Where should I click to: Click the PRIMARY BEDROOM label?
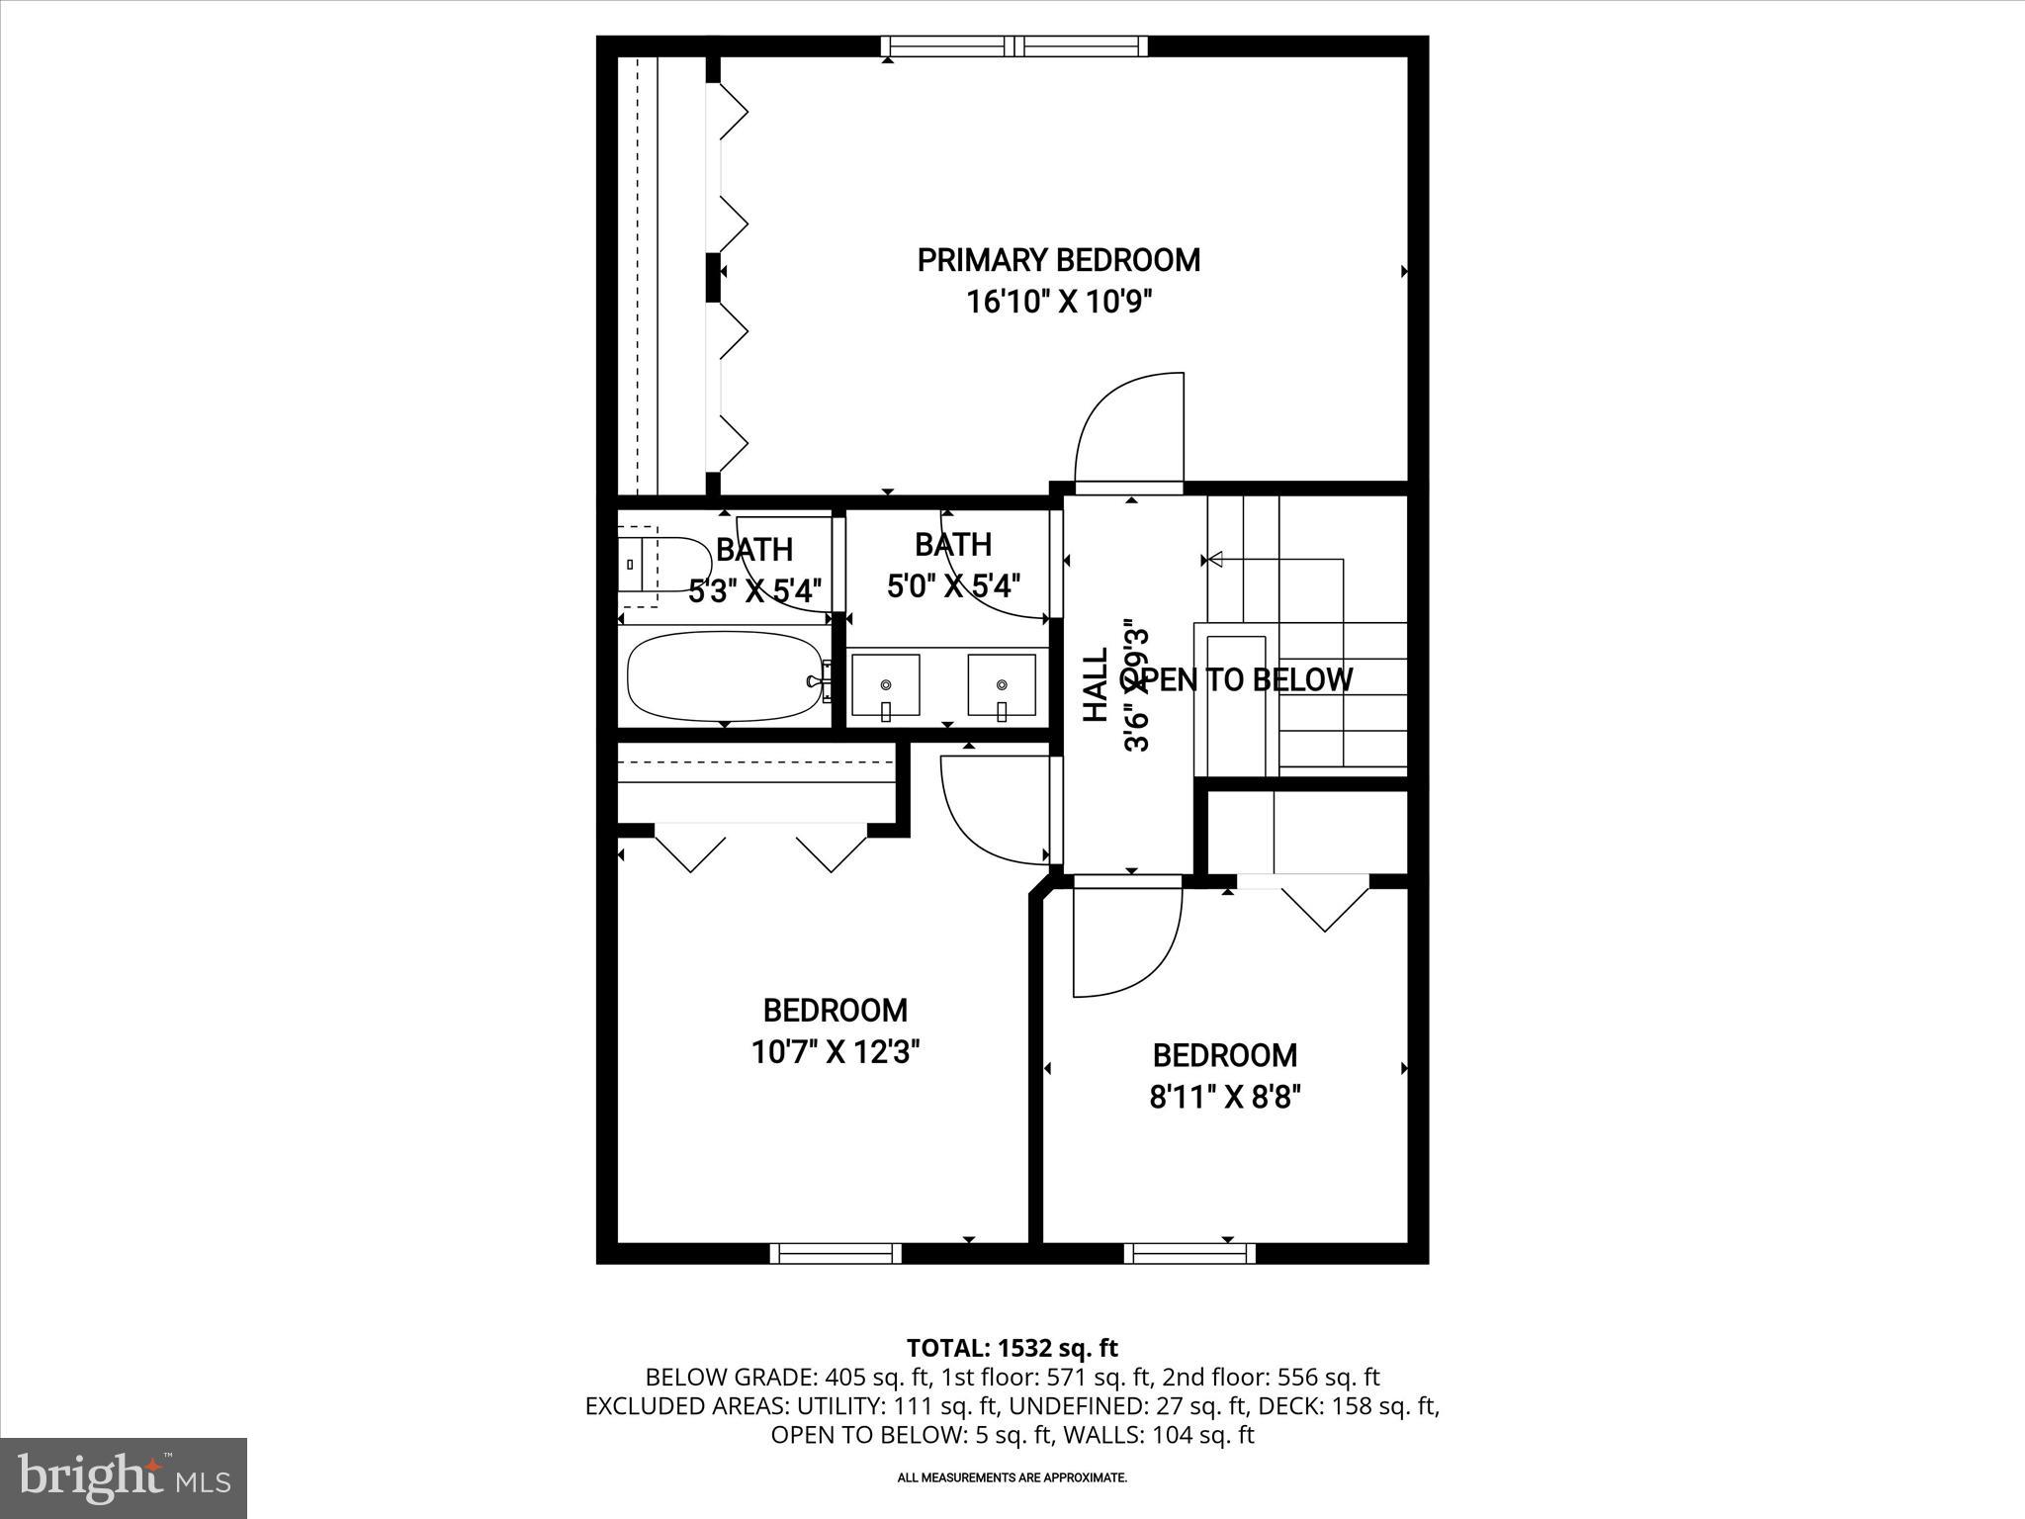click(1058, 260)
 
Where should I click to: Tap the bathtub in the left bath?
click(726, 677)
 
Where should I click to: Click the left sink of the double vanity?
click(886, 684)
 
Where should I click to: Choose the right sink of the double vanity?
click(1002, 684)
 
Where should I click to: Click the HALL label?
click(1096, 685)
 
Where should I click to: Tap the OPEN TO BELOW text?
click(1236, 679)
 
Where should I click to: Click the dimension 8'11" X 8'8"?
click(1224, 1097)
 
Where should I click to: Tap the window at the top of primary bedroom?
click(1014, 45)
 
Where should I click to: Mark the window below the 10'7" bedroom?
click(836, 1253)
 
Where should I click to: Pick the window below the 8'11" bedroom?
click(1189, 1253)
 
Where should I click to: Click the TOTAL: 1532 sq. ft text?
click(1012, 1347)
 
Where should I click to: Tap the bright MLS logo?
click(124, 1478)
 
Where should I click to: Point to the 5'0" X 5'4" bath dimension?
click(952, 586)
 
